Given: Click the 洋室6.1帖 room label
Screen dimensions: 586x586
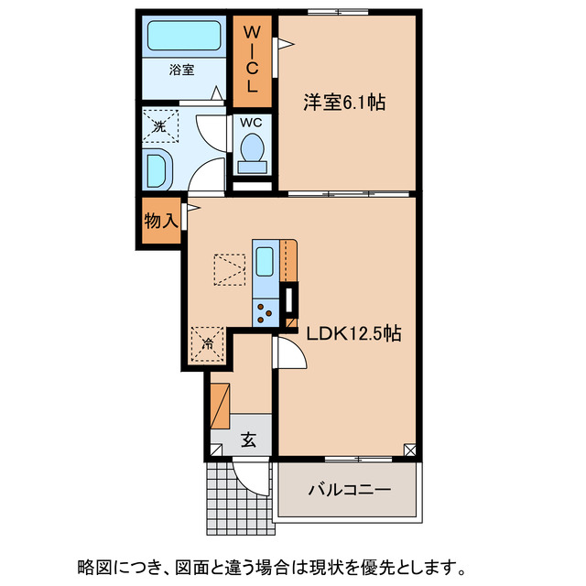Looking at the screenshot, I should (344, 103).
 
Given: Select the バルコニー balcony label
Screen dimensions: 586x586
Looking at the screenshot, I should (348, 490).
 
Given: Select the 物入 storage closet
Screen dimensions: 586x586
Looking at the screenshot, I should (160, 221).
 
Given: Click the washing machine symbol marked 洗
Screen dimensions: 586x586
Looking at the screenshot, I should (161, 126).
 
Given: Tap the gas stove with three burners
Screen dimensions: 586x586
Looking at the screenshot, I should (266, 312).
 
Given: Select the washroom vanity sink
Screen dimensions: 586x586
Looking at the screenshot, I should (157, 170).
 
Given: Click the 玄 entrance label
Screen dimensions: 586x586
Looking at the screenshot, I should (248, 439).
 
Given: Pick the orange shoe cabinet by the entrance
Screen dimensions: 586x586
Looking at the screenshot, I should (219, 406).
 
